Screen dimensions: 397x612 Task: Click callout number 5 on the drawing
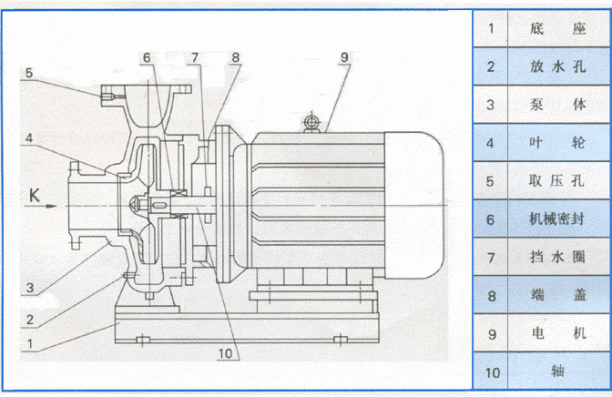28,72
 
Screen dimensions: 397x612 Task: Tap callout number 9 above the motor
344,57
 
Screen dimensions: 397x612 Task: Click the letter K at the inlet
34,195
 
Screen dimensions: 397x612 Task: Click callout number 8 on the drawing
235,57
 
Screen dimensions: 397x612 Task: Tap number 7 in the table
491,258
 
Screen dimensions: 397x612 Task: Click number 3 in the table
491,105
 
